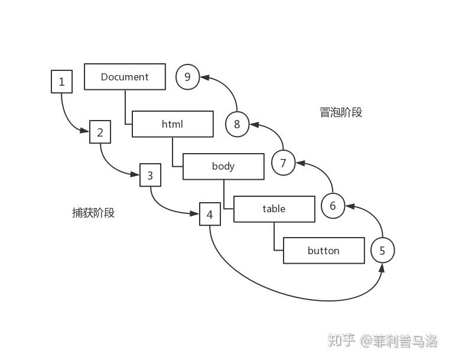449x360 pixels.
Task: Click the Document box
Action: (x=125, y=77)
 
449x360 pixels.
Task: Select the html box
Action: (x=173, y=124)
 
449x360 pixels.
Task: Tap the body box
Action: (x=223, y=166)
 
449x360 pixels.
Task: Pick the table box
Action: (x=274, y=209)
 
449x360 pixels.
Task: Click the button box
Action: (x=324, y=251)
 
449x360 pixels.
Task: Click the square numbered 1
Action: (x=62, y=82)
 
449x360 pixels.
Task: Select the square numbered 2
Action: (x=100, y=132)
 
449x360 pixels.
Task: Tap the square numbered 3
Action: (x=150, y=176)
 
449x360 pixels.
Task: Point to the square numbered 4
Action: (x=210, y=214)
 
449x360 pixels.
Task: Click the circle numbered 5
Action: (x=382, y=251)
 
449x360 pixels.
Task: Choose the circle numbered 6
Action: (x=333, y=206)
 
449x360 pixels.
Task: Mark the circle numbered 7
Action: (x=283, y=163)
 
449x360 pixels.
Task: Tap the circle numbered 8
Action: (x=237, y=124)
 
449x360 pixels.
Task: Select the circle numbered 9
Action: (x=188, y=77)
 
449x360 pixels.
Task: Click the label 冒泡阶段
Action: (x=341, y=112)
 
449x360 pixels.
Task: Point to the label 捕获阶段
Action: (x=93, y=213)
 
